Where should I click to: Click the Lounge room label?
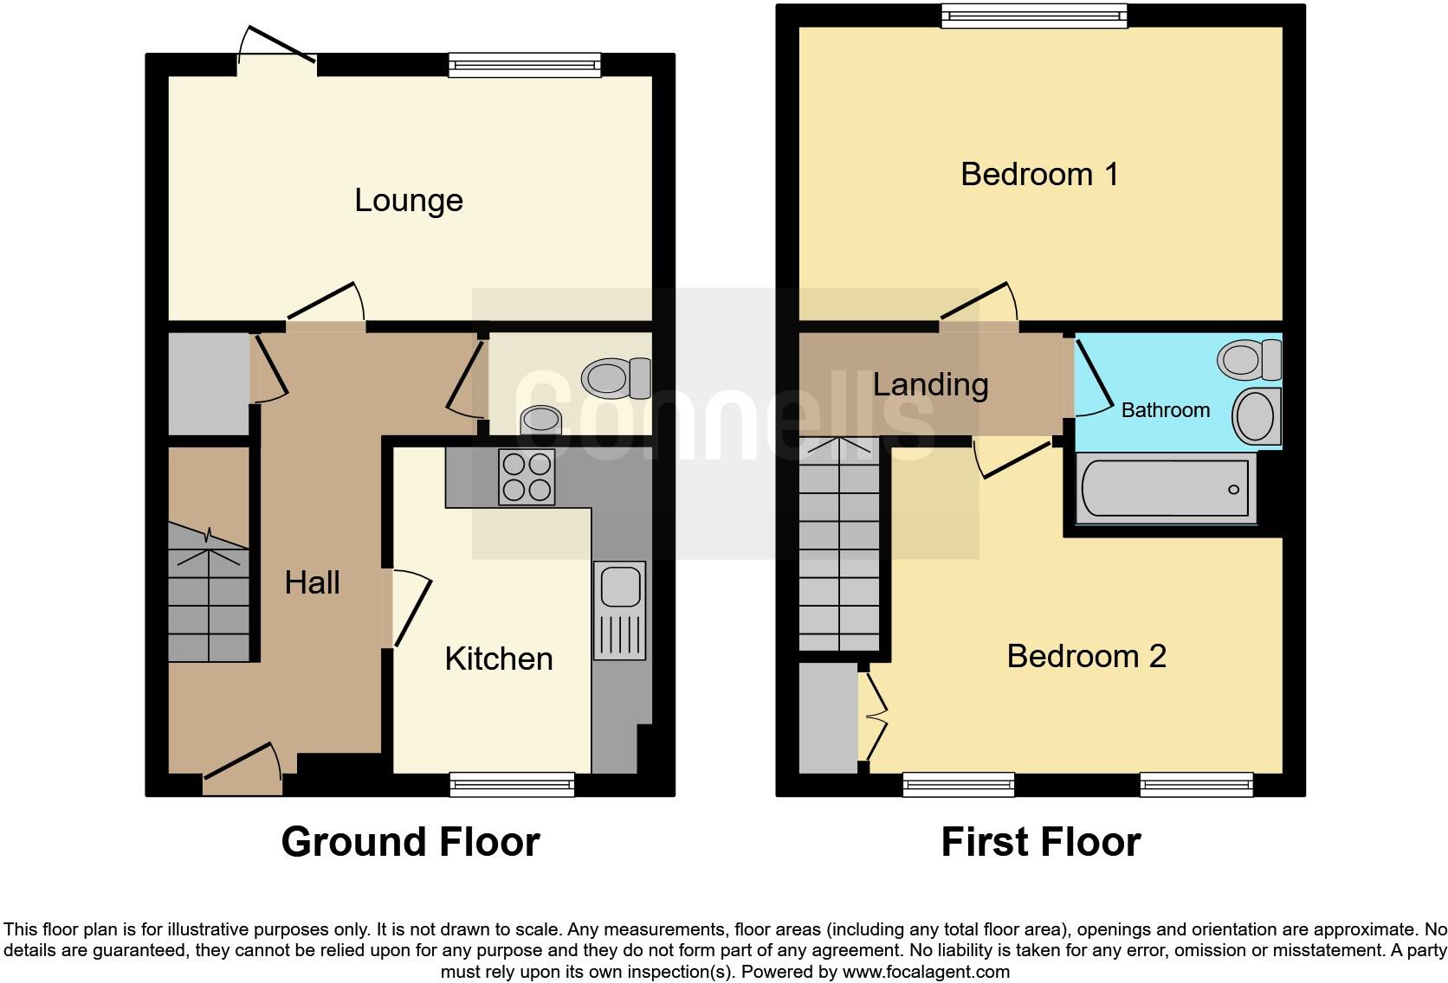409,201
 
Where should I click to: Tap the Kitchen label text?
499,659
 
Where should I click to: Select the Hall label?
312,583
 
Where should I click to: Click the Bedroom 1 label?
1039,175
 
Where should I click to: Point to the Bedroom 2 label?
1086,657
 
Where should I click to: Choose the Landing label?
930,385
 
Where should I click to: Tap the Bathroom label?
1165,410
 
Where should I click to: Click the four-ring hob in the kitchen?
527,478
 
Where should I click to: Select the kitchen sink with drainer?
619,610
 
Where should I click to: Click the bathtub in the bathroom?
1165,490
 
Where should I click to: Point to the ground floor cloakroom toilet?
617,378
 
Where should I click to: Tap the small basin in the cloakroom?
541,420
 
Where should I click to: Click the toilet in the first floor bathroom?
1250,358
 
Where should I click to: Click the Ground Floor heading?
410,842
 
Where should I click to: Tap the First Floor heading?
1041,842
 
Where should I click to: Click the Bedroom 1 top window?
1035,15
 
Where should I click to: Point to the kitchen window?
512,784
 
